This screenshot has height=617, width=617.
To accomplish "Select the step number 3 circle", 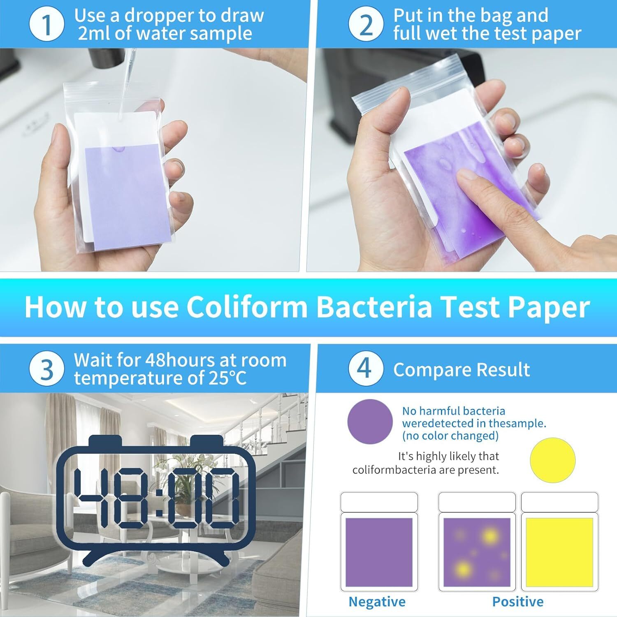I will point(47,369).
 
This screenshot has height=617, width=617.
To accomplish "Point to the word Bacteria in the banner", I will point(374,307).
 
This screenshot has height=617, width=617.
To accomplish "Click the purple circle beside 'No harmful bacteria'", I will point(370,421).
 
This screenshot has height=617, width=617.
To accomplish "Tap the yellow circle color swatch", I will point(552,459).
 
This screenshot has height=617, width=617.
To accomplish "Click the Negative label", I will point(377,602).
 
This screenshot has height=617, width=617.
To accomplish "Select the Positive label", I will point(517,602).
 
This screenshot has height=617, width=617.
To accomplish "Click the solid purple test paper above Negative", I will point(379,552).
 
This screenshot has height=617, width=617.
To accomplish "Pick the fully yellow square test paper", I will point(559,552).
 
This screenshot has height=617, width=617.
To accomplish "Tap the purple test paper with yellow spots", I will point(477,552).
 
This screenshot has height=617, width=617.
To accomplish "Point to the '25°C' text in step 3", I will point(227,378).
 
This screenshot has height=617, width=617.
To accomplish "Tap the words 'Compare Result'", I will point(461,370).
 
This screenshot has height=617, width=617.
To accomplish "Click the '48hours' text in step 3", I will point(180,360).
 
